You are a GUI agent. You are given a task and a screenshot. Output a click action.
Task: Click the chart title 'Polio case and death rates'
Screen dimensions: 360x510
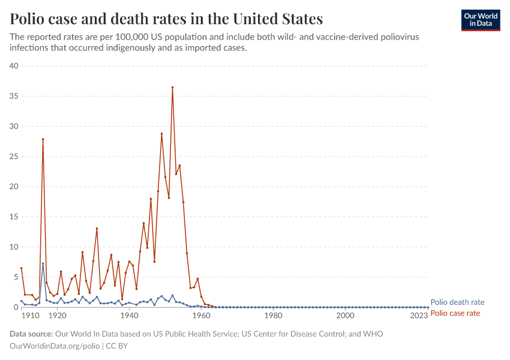pyautogui.click(x=166, y=19)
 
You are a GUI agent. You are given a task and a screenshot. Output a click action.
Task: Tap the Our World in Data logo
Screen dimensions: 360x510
pyautogui.click(x=480, y=20)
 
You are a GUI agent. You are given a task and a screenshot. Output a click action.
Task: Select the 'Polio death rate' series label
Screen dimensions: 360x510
pyautogui.click(x=457, y=302)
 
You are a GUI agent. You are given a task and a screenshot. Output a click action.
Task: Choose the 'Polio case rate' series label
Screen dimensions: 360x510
pyautogui.click(x=455, y=313)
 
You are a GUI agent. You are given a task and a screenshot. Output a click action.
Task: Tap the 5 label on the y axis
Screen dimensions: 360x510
pyautogui.click(x=16, y=277)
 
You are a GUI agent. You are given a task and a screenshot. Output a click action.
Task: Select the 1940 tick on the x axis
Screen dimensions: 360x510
pyautogui.click(x=129, y=316)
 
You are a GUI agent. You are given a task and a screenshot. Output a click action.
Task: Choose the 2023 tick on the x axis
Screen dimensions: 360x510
pyautogui.click(x=419, y=316)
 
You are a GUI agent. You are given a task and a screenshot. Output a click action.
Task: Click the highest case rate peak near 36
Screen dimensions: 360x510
pyautogui.click(x=172, y=87)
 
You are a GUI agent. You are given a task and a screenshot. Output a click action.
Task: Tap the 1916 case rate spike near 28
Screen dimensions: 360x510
pyautogui.click(x=43, y=139)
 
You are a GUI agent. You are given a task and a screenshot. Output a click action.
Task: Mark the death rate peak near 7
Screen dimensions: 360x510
pyautogui.click(x=43, y=263)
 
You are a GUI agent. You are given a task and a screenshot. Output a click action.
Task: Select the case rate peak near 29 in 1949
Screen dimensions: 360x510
pyautogui.click(x=161, y=134)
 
